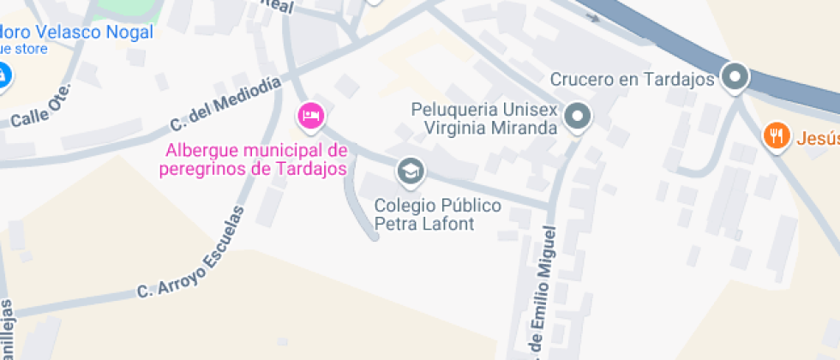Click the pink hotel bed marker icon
pyautogui.click(x=310, y=115)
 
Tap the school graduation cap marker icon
pyautogui.click(x=411, y=171)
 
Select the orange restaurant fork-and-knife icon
pyautogui.click(x=777, y=135)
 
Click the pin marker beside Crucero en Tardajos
pyautogui.click(x=735, y=77)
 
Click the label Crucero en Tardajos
pyautogui.click(x=633, y=80)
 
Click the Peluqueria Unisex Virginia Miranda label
pyautogui.click(x=485, y=119)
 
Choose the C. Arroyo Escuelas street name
pyautogui.click(x=196, y=255)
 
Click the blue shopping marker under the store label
pyautogui.click(x=3, y=75)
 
